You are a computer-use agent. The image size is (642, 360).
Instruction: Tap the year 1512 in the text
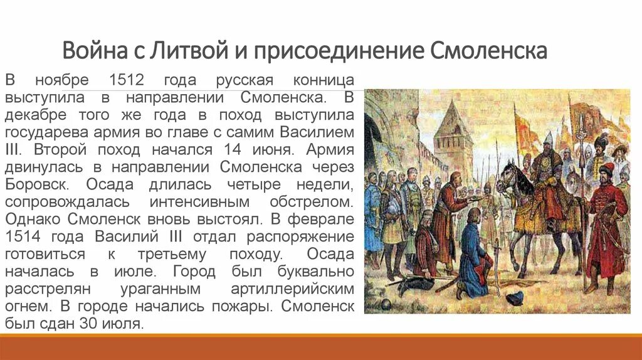coord(127,82)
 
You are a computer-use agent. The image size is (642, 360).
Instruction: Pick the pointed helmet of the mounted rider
coord(547,137)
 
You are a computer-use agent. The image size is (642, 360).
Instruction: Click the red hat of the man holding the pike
coord(606,169)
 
